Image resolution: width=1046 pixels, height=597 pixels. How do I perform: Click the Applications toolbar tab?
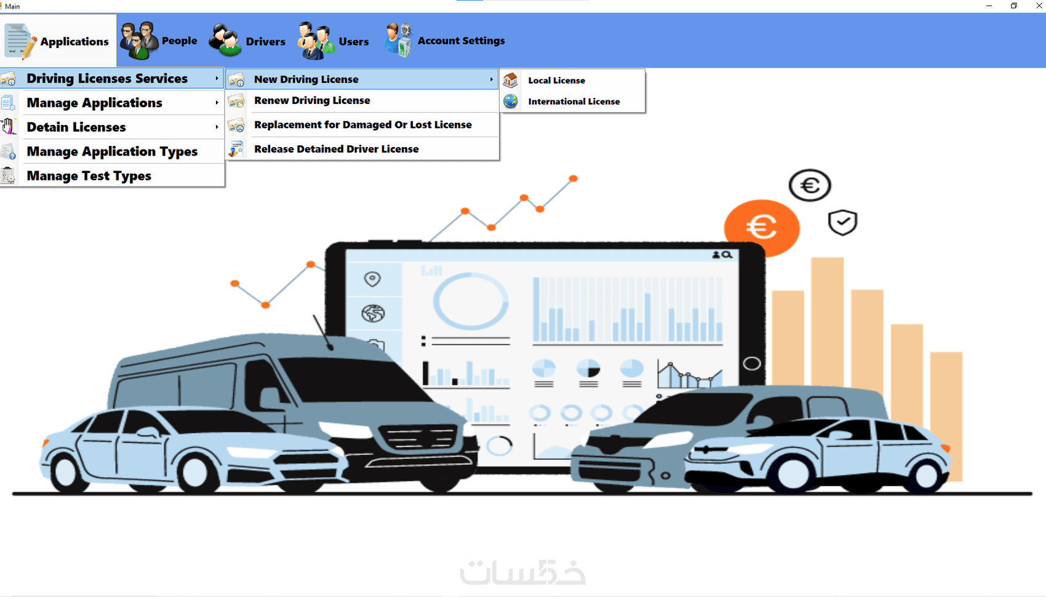tap(58, 41)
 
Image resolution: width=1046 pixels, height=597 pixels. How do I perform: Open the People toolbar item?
tap(159, 41)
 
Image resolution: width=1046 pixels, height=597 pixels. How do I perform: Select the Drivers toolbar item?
tap(247, 41)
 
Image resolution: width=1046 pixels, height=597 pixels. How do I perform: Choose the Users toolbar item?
tap(333, 41)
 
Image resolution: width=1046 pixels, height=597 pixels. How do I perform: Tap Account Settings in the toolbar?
tap(444, 41)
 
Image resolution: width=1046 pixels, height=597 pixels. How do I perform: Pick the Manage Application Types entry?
tap(112, 151)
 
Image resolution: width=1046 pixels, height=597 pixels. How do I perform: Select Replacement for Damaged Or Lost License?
tap(362, 125)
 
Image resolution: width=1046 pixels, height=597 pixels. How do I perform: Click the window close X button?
tap(1039, 6)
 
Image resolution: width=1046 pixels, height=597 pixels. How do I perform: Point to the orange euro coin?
tap(762, 228)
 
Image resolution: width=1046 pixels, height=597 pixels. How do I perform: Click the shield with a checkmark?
tap(842, 222)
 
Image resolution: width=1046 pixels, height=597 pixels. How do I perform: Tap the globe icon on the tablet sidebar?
tap(373, 313)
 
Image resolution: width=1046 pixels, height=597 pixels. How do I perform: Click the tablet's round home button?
tap(751, 364)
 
